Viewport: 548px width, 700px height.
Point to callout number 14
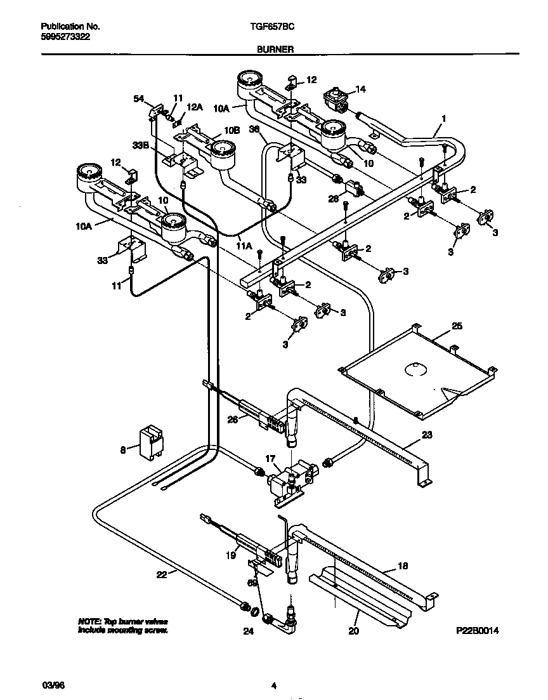tap(360, 89)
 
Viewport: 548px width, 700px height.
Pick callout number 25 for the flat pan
tap(457, 326)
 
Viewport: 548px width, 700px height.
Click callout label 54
tap(138, 98)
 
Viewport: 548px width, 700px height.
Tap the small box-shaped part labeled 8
tap(150, 440)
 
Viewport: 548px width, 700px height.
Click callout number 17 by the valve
tap(270, 458)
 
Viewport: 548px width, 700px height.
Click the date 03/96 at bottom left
tap(51, 685)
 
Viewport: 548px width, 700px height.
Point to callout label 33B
tap(140, 145)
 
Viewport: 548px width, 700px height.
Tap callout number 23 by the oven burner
tap(426, 435)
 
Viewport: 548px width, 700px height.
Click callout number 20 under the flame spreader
tap(354, 631)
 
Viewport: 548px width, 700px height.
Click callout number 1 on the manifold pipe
tap(444, 119)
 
